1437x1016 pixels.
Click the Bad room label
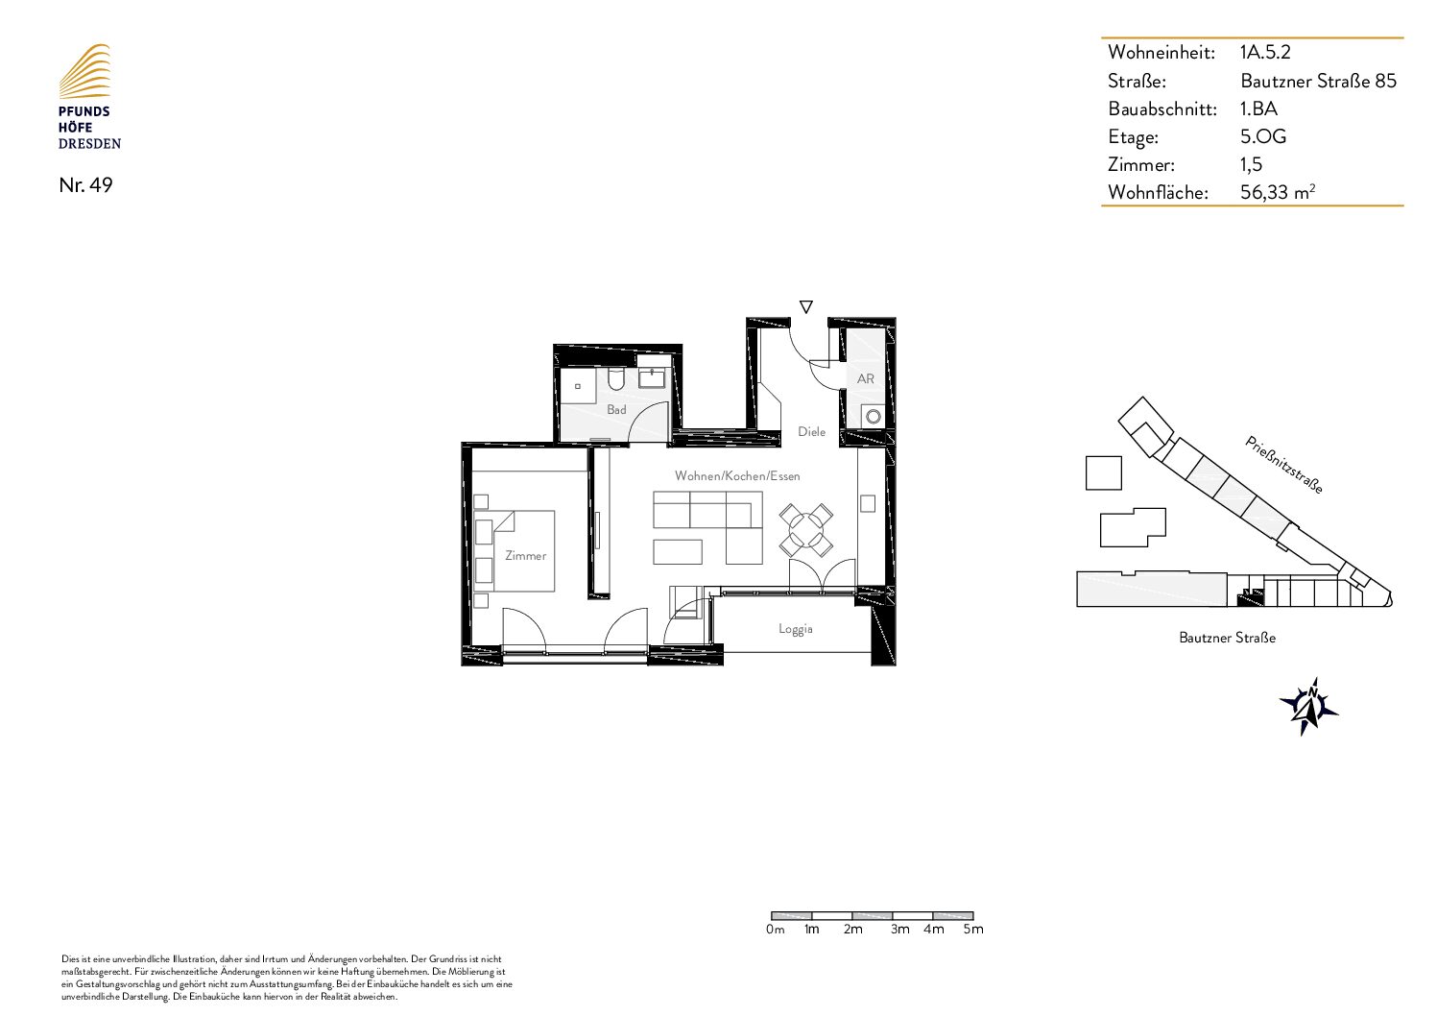click(x=616, y=409)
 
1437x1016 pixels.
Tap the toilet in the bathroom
click(x=617, y=379)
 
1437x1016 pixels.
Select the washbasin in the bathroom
click(x=652, y=377)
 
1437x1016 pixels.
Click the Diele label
click(x=811, y=432)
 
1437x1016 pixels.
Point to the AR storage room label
click(x=866, y=378)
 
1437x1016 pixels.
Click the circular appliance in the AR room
click(x=873, y=417)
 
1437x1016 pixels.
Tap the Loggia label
click(x=796, y=629)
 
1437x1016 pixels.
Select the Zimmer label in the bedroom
click(x=525, y=556)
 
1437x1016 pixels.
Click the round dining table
click(x=806, y=531)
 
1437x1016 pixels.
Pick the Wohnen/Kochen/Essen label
click(x=737, y=476)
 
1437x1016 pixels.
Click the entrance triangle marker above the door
click(x=806, y=306)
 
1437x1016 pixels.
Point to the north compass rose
click(x=1308, y=707)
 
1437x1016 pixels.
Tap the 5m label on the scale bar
click(x=973, y=929)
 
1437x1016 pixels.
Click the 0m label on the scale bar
click(x=775, y=929)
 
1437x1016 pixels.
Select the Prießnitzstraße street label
click(x=1283, y=466)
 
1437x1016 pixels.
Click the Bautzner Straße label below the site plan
click(x=1227, y=638)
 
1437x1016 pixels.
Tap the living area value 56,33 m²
click(x=1278, y=192)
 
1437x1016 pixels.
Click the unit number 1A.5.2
click(x=1265, y=52)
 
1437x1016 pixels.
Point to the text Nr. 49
click(x=85, y=184)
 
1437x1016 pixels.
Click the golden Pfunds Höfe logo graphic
click(x=84, y=71)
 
